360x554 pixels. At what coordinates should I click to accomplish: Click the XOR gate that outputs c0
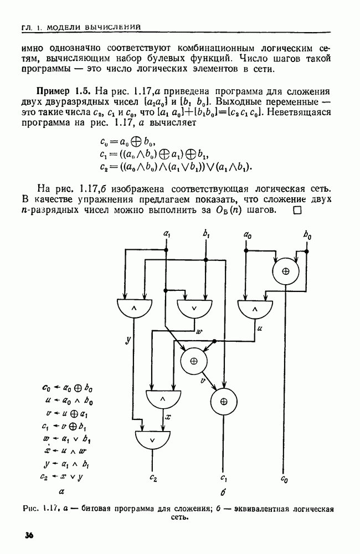[x=285, y=271]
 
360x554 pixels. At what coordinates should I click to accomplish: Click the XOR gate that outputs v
[x=194, y=361]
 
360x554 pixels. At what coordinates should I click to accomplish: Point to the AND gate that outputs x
[x=163, y=399]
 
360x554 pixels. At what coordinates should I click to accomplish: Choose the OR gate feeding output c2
[x=153, y=440]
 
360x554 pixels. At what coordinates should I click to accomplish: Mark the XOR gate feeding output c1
[x=224, y=401]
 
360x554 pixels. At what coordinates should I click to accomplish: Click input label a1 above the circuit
[x=166, y=233]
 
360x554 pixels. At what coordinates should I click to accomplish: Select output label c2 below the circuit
[x=153, y=478]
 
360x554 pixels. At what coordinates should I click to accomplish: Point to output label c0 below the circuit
[x=284, y=479]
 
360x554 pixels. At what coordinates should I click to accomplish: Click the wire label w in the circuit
[x=200, y=331]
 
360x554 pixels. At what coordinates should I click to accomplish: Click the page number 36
[x=29, y=535]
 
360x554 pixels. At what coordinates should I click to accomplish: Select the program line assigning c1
[x=64, y=427]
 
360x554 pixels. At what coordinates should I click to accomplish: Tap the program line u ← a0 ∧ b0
[x=69, y=401]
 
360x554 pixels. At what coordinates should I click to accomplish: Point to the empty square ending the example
[x=297, y=210]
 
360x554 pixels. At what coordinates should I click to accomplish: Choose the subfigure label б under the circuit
[x=223, y=491]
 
